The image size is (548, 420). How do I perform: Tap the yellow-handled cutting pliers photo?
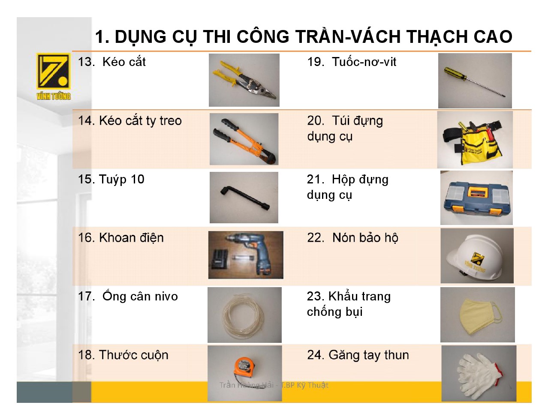(244, 80)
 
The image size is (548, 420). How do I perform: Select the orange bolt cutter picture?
(244, 139)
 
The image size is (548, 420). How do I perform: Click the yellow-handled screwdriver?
(474, 82)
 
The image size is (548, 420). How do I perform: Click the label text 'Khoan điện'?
(131, 238)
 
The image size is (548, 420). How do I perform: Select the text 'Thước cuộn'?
(133, 355)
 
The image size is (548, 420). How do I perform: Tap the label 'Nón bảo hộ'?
(365, 238)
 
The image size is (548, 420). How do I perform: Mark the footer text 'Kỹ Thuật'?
(313, 385)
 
